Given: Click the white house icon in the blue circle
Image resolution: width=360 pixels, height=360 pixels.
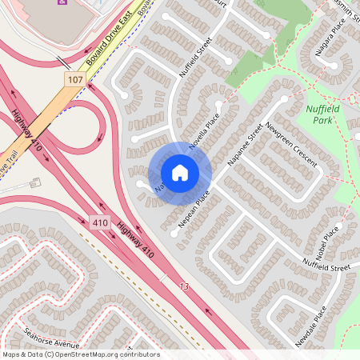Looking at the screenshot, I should (180, 173).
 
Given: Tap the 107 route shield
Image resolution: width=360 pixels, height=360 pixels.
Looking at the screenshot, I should (74, 80).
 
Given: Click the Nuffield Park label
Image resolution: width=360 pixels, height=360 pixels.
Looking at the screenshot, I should (324, 114).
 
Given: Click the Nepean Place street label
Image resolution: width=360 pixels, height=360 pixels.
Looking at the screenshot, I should (194, 210).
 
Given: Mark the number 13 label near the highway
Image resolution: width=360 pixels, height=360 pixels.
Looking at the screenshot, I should (185, 286).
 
